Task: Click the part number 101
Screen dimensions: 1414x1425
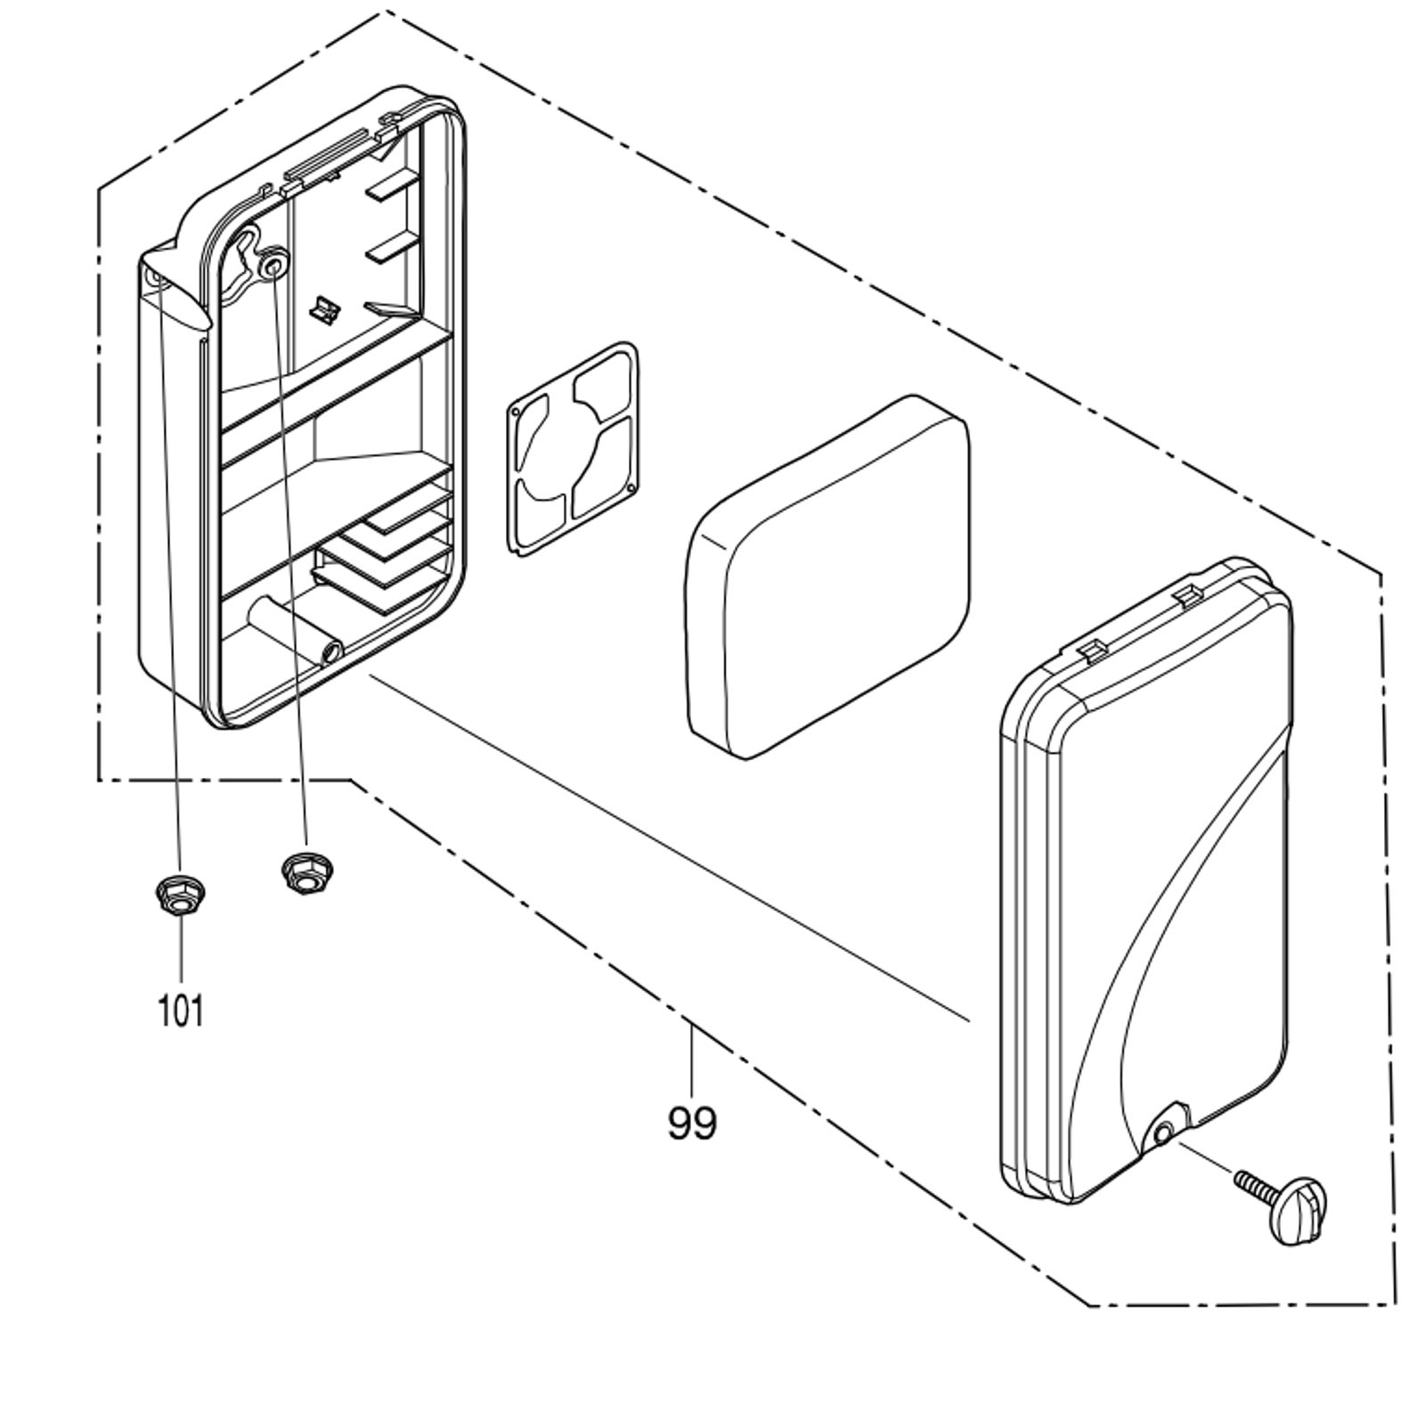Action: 181,1010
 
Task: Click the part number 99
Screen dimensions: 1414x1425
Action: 691,1123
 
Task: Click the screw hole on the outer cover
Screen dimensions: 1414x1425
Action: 1162,1134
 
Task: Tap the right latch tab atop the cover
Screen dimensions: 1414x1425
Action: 1186,593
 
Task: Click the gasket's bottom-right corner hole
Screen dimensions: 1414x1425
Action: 631,488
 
